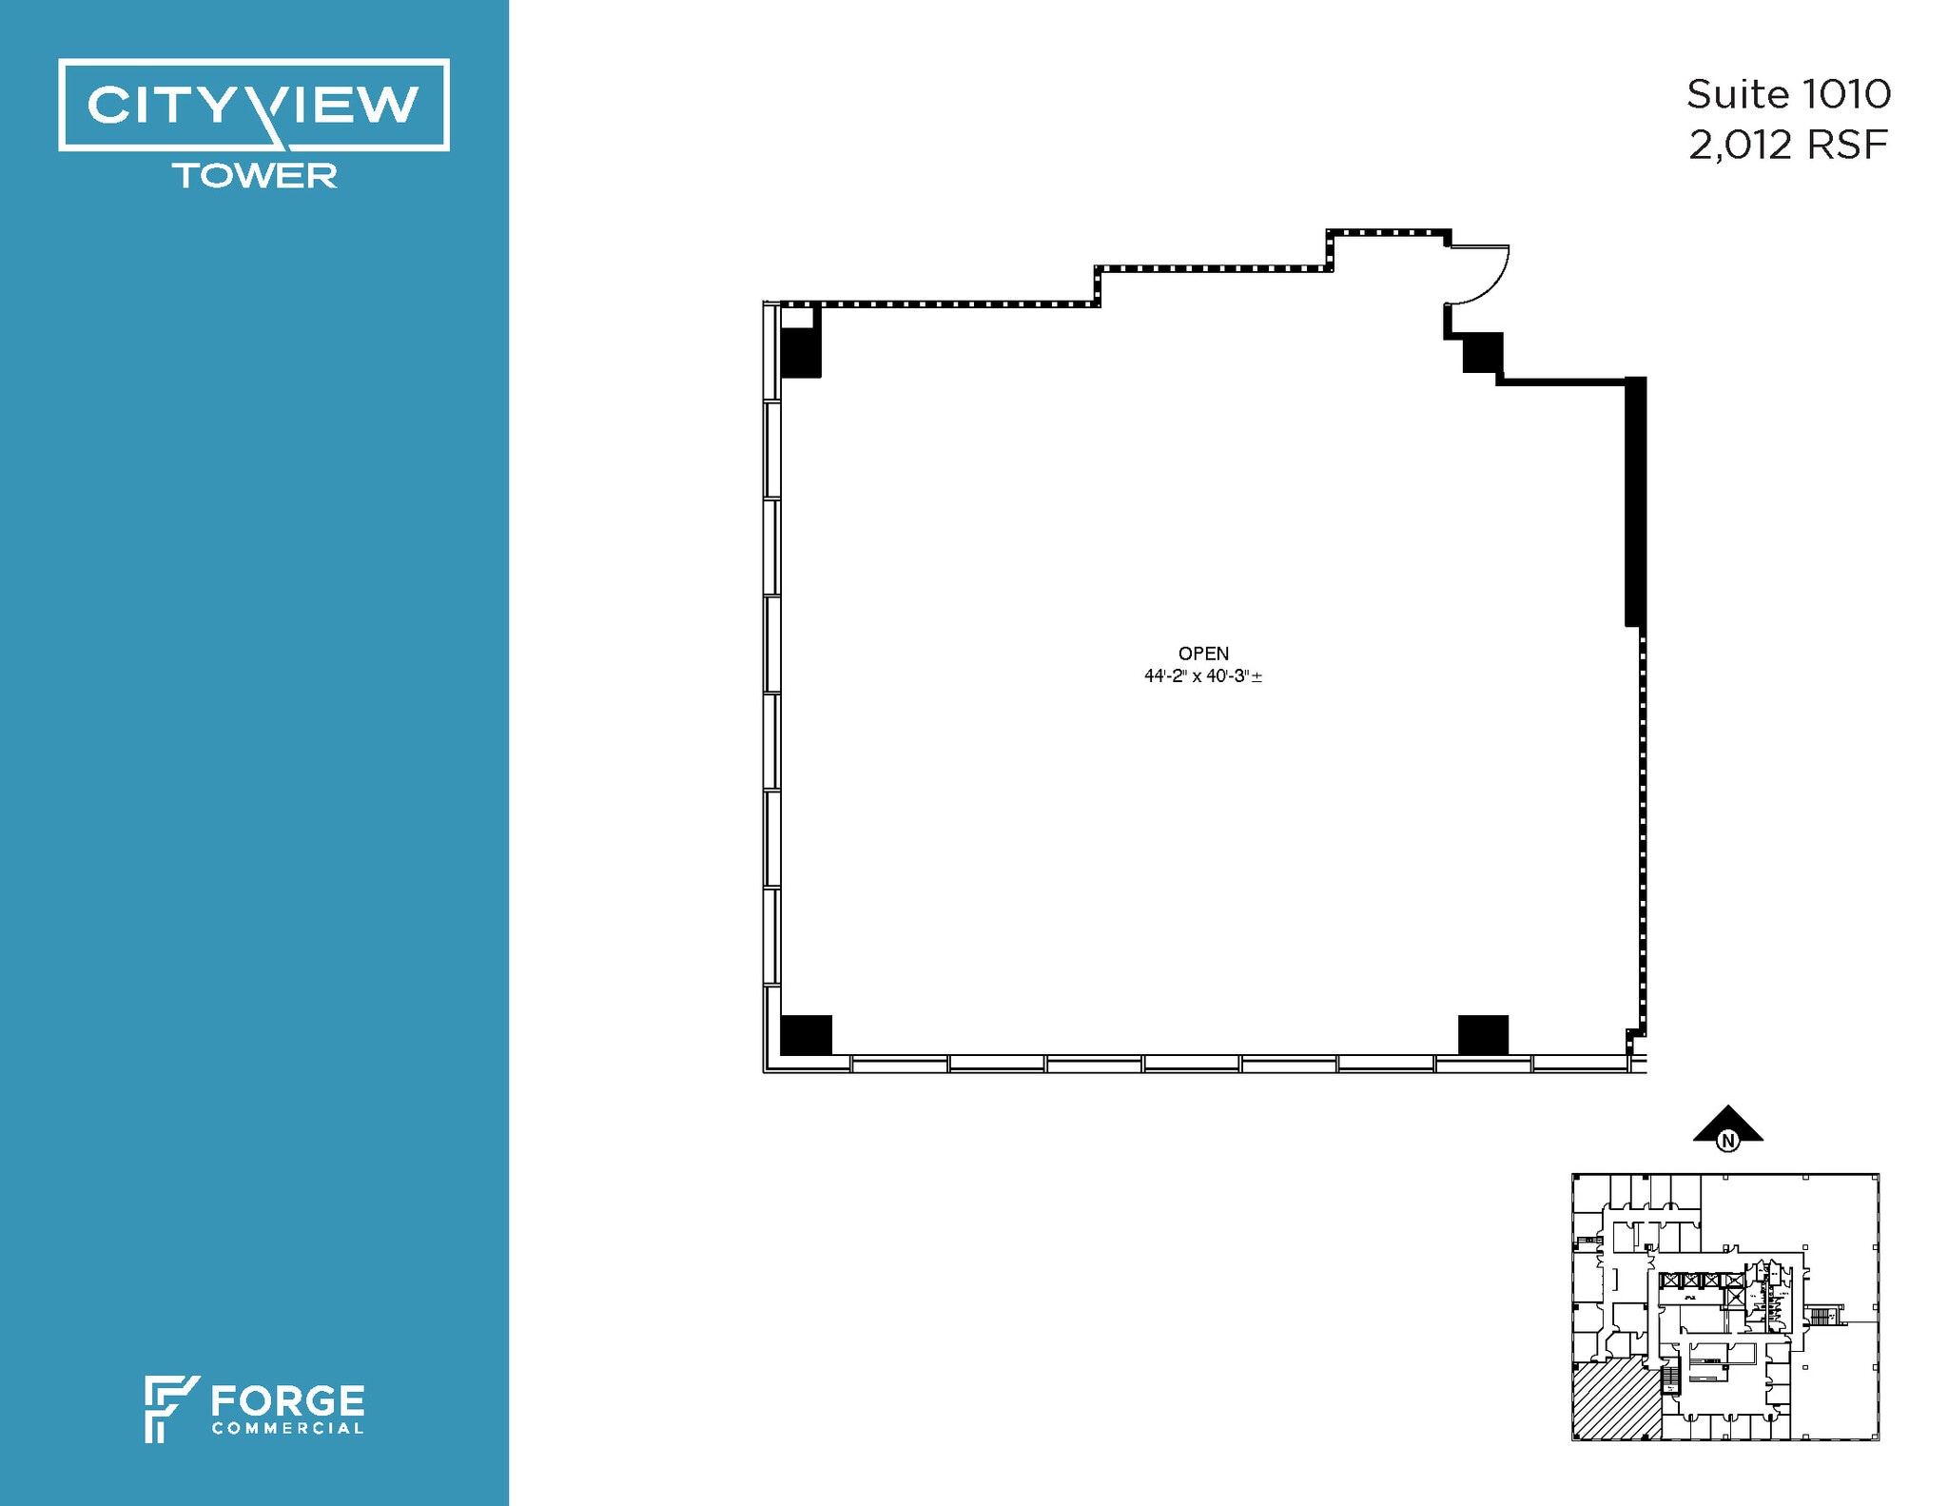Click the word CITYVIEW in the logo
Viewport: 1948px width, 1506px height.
click(253, 105)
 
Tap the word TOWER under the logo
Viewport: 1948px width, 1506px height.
click(254, 176)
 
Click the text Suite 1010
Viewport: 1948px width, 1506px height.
click(1788, 94)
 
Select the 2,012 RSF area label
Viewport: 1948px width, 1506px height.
click(1787, 146)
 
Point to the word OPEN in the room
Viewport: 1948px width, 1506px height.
click(1203, 654)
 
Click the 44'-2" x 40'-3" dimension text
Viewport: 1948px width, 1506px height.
click(1202, 676)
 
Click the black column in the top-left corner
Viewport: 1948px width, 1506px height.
click(800, 352)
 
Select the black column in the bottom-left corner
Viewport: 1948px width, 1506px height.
click(806, 1034)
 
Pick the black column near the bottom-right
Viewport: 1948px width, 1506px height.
click(1483, 1034)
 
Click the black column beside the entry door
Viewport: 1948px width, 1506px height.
click(1481, 352)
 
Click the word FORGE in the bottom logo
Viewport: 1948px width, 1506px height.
click(287, 1401)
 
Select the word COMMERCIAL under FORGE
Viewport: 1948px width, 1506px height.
click(287, 1428)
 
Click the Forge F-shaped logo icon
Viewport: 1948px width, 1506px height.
click(169, 1407)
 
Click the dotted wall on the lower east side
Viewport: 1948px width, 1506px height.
click(1643, 837)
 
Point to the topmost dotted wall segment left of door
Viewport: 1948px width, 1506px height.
click(1389, 232)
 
